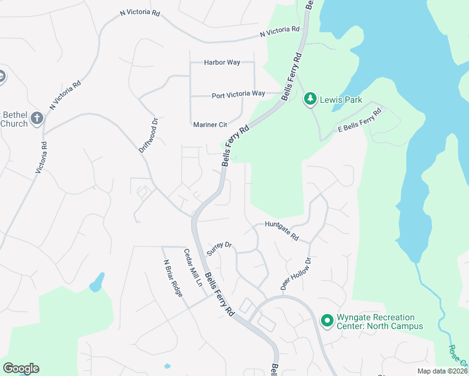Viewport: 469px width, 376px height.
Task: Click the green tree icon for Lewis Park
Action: click(x=309, y=99)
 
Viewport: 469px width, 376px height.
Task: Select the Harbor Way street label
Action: click(x=223, y=63)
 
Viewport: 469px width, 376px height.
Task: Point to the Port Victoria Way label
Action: click(x=238, y=94)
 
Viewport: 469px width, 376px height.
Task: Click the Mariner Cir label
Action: click(x=209, y=124)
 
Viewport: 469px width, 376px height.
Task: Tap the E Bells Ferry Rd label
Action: click(x=360, y=122)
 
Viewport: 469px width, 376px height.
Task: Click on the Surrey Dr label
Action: click(x=220, y=246)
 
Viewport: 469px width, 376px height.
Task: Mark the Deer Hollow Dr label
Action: click(x=296, y=273)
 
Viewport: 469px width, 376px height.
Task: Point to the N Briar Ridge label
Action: click(x=172, y=278)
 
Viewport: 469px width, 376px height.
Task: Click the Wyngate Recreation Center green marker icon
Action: click(x=327, y=321)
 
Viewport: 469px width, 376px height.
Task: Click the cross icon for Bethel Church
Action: click(x=37, y=118)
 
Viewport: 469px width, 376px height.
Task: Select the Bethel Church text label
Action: click(x=14, y=119)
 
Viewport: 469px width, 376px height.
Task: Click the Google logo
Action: click(x=21, y=368)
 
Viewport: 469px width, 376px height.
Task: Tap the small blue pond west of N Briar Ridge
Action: click(x=97, y=283)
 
